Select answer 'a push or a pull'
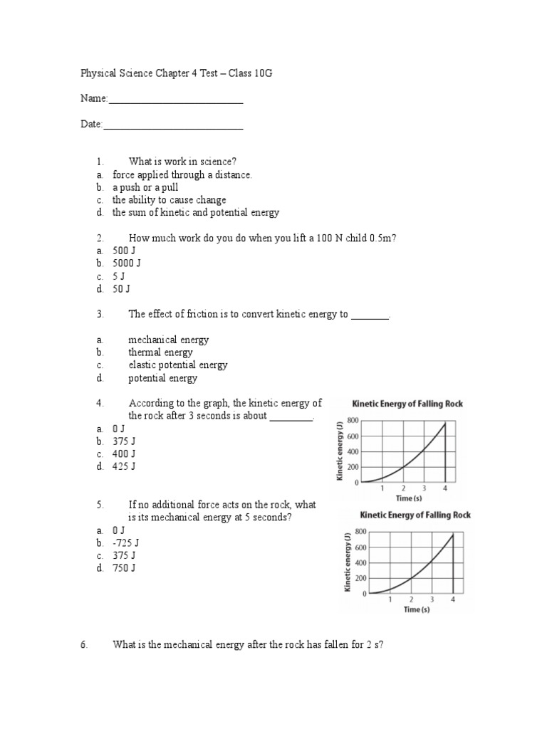click(x=145, y=187)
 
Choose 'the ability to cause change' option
click(x=169, y=200)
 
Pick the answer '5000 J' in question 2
click(x=127, y=263)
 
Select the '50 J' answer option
click(x=121, y=289)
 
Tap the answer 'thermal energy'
click(x=160, y=352)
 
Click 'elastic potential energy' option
click(x=178, y=365)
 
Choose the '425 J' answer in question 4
click(x=124, y=466)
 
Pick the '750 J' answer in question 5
click(x=124, y=568)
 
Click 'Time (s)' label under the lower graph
click(x=417, y=609)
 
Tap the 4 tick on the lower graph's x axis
click(x=453, y=599)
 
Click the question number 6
click(x=83, y=645)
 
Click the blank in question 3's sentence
click(x=370, y=315)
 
